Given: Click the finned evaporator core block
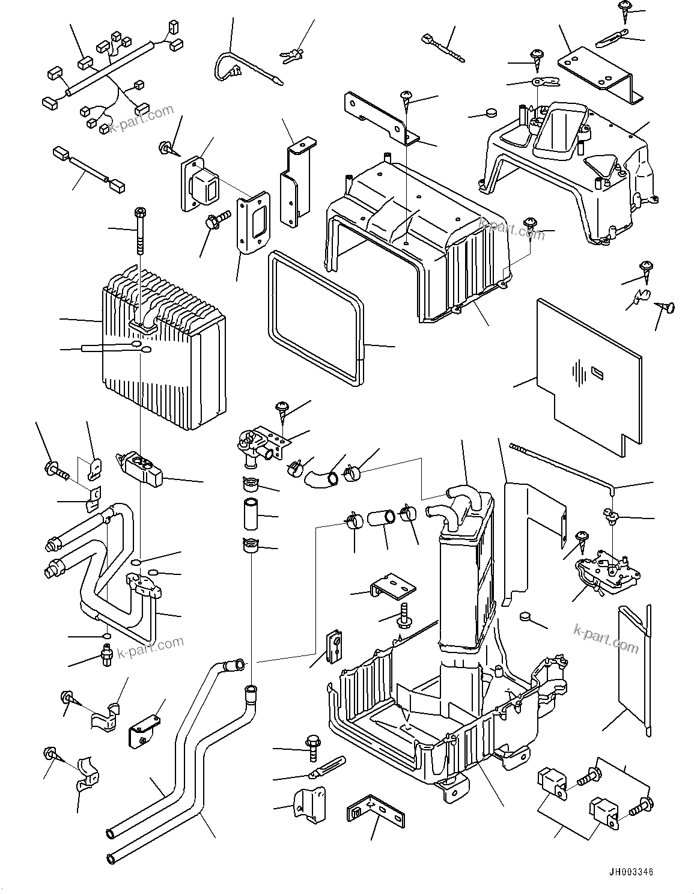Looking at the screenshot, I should tap(165, 360).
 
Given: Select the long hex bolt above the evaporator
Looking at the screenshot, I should tap(140, 234).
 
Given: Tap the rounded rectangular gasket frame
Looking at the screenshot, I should tap(312, 318).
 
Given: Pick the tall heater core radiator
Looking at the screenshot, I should tap(466, 577).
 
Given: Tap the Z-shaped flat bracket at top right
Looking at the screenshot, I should tap(601, 72).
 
